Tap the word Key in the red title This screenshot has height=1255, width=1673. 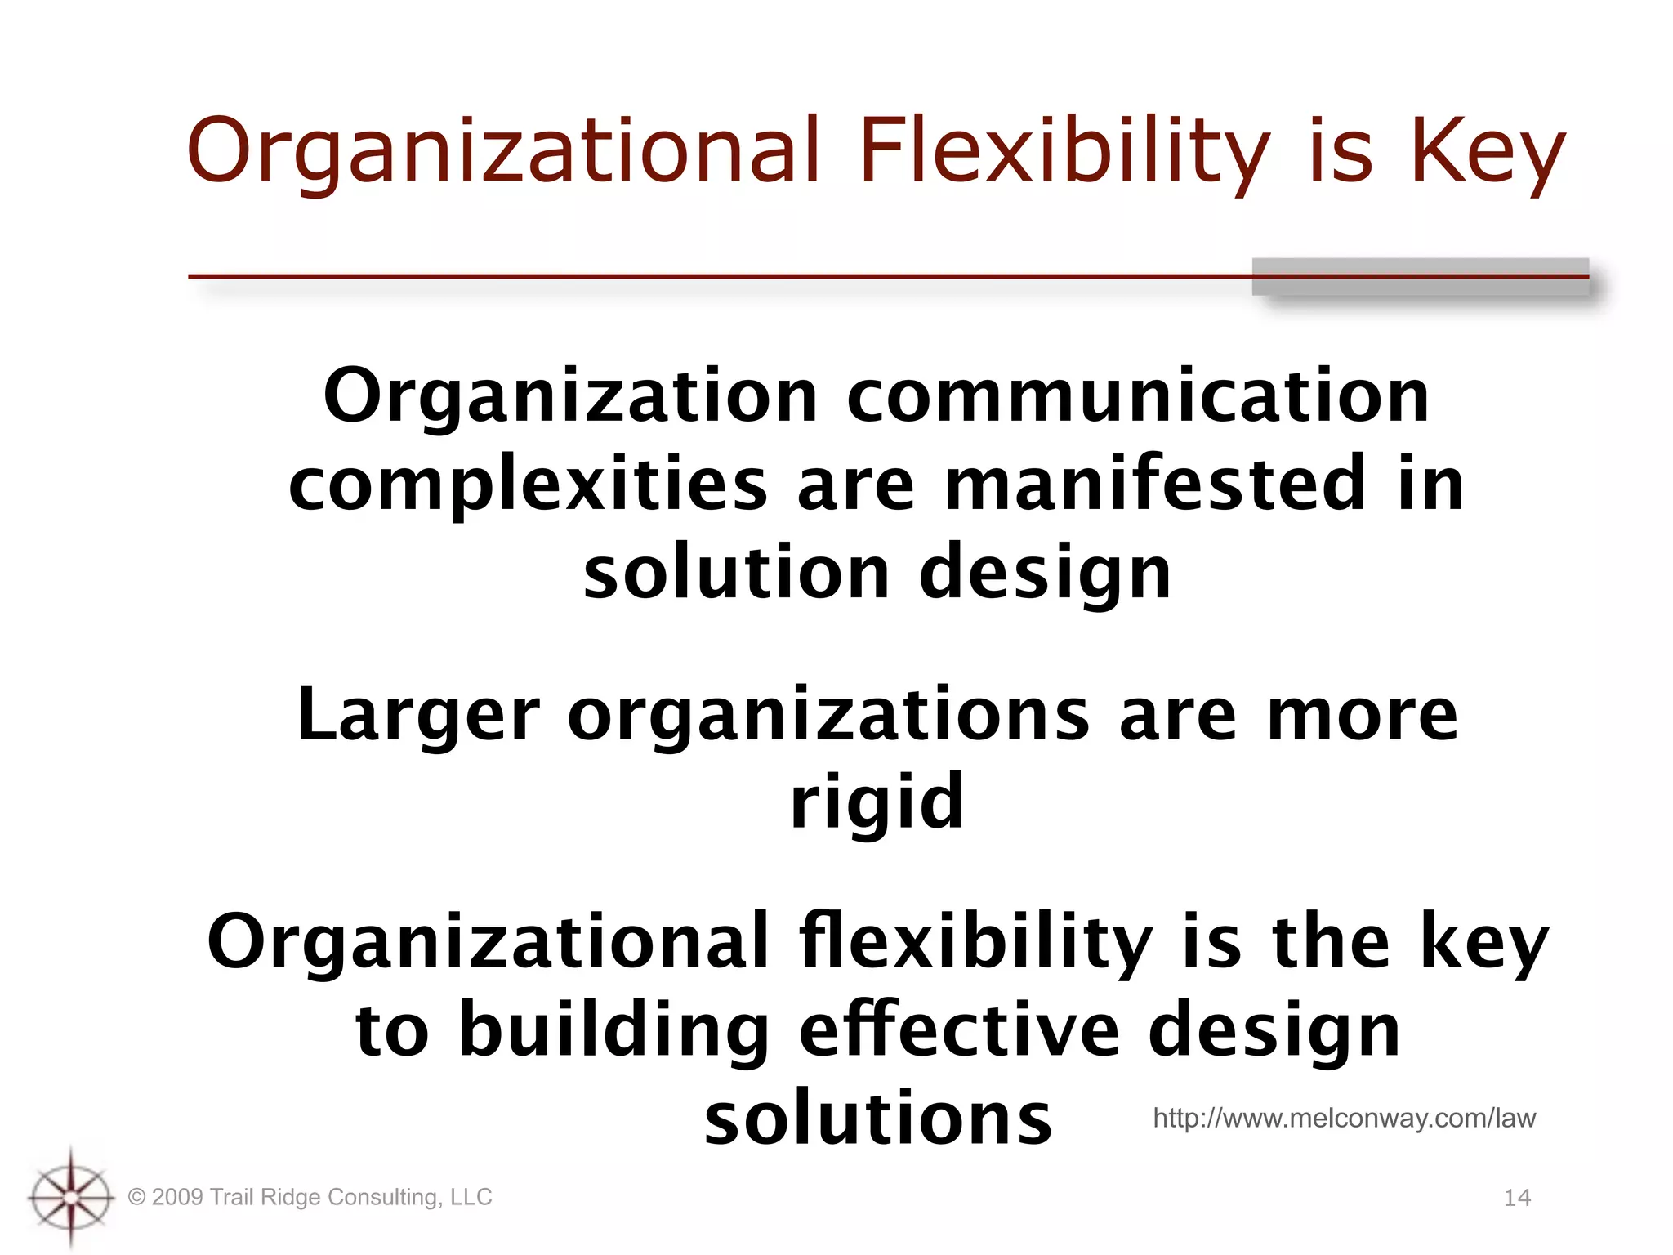tap(1488, 151)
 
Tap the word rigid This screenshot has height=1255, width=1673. tap(877, 802)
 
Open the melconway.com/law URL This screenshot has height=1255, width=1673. tap(1344, 1118)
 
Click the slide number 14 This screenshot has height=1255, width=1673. tap(1517, 1198)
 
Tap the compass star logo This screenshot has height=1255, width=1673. tap(71, 1198)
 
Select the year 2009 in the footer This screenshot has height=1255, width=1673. tap(177, 1197)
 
